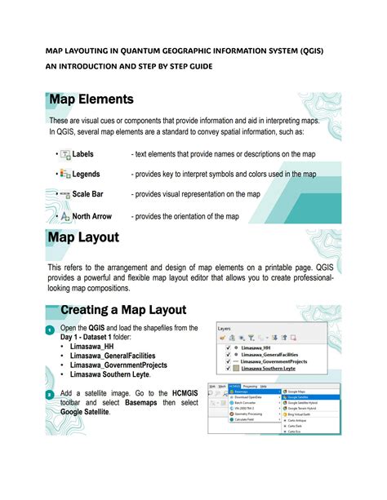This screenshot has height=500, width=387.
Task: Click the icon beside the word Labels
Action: [x=64, y=154]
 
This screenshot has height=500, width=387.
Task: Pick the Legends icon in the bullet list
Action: [x=64, y=174]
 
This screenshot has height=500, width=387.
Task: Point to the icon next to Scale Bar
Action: [x=62, y=194]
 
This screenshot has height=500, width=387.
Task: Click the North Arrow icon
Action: [x=64, y=216]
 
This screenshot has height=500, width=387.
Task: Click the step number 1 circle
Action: [x=49, y=330]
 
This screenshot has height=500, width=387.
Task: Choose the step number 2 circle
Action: [x=49, y=395]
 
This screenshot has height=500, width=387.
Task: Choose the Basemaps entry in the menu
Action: [x=242, y=392]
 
